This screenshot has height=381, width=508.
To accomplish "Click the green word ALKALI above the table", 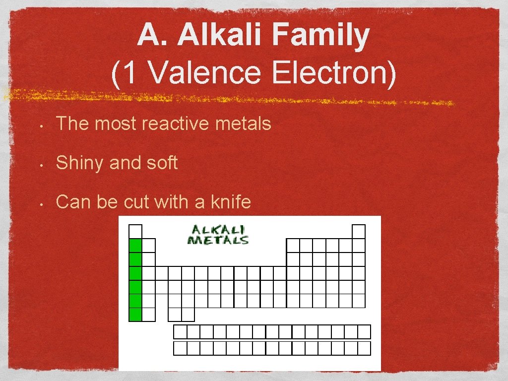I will coord(218,230).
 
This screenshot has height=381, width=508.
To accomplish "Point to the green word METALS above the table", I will coord(218,240).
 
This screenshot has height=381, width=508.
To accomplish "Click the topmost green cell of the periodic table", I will coord(135,246).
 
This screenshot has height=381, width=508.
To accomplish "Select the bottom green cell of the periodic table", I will coord(135,315).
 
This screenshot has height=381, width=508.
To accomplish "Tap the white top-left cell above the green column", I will coord(135,232).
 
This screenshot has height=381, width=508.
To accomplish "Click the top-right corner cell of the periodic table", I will coord(358,232).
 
